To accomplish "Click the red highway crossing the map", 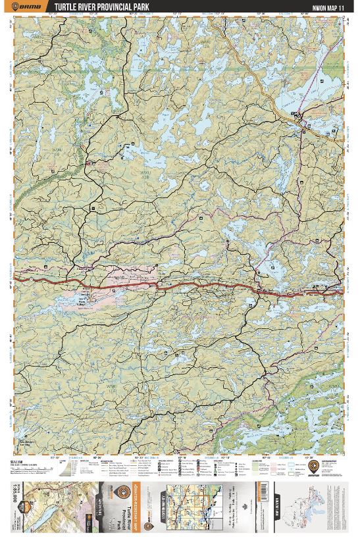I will pyautogui.click(x=132, y=287).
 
